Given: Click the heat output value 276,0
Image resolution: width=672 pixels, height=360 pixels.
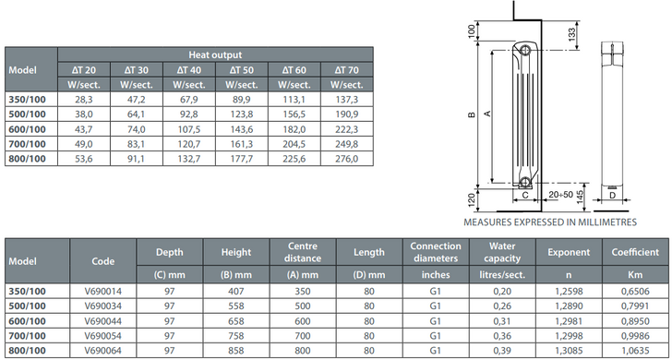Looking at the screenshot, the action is (347, 159).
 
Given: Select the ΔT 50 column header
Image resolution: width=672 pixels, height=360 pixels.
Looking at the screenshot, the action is (241, 70).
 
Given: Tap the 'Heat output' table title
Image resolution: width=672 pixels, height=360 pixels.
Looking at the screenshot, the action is (215, 54).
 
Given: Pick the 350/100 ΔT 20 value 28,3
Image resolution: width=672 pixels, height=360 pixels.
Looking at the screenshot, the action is (84, 100).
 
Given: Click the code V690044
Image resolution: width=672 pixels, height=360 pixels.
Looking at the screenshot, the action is (102, 321).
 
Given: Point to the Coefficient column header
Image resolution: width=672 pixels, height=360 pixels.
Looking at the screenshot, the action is (635, 252).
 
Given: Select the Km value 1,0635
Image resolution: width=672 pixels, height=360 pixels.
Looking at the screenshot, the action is (635, 350).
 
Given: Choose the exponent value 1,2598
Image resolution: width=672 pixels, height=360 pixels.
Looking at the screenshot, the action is (569, 292).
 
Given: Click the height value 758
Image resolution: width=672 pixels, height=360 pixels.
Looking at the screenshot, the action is (235, 336).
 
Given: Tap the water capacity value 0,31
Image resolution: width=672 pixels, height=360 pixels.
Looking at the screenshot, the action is (502, 321).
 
